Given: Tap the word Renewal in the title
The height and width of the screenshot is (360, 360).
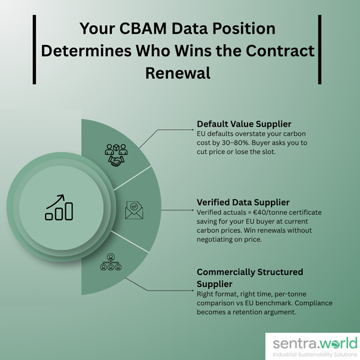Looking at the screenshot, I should tap(178, 73).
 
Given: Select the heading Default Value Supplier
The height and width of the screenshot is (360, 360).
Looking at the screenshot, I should tap(245, 124).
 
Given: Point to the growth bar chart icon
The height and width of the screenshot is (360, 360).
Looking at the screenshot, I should tap(59, 207).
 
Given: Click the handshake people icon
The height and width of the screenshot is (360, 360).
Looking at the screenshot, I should tap(115, 154).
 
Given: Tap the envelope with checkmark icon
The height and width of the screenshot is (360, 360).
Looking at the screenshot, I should tap(135, 210).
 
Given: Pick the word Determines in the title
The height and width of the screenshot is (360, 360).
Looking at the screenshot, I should tap(76, 51).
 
